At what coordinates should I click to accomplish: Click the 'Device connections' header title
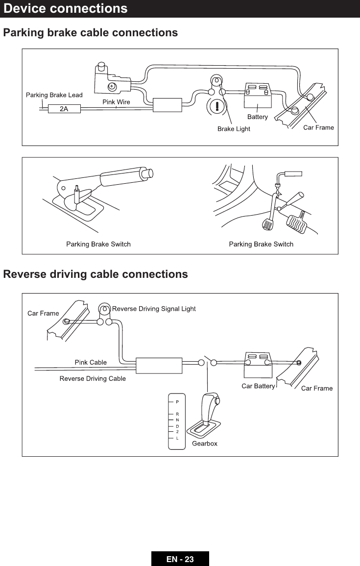(x=66, y=9)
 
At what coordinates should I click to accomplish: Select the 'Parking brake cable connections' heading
(x=91, y=33)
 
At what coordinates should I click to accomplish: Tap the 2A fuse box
(x=64, y=109)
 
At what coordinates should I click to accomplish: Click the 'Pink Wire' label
(x=116, y=102)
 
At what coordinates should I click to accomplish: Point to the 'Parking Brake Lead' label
(x=54, y=95)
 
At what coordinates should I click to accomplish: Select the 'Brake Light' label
(x=234, y=129)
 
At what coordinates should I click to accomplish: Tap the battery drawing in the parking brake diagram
(x=258, y=97)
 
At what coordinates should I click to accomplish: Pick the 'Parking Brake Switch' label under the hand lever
(x=98, y=244)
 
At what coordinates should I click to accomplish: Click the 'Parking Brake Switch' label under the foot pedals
(x=261, y=244)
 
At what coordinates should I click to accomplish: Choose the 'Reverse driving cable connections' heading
(x=96, y=274)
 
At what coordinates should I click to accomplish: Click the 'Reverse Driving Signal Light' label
(x=154, y=309)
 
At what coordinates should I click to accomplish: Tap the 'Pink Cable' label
(x=91, y=362)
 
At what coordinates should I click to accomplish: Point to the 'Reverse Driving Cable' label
(x=93, y=378)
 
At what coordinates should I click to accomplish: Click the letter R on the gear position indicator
(x=177, y=415)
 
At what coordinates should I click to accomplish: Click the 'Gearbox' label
(x=204, y=443)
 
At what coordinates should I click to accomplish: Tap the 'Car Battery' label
(x=258, y=386)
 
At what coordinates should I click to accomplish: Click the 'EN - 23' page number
(x=180, y=559)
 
